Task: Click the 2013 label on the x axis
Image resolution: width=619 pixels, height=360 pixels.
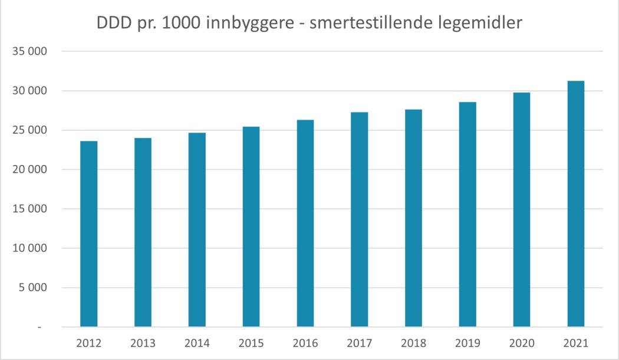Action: click(x=143, y=343)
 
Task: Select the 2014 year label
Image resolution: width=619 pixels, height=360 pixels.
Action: click(x=197, y=343)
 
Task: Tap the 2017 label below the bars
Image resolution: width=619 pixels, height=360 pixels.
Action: click(x=359, y=343)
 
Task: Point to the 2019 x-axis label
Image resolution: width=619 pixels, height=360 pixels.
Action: click(x=467, y=343)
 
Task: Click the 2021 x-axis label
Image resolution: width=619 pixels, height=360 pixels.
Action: click(x=575, y=343)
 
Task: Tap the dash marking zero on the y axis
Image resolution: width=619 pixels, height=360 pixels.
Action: click(x=39, y=327)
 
